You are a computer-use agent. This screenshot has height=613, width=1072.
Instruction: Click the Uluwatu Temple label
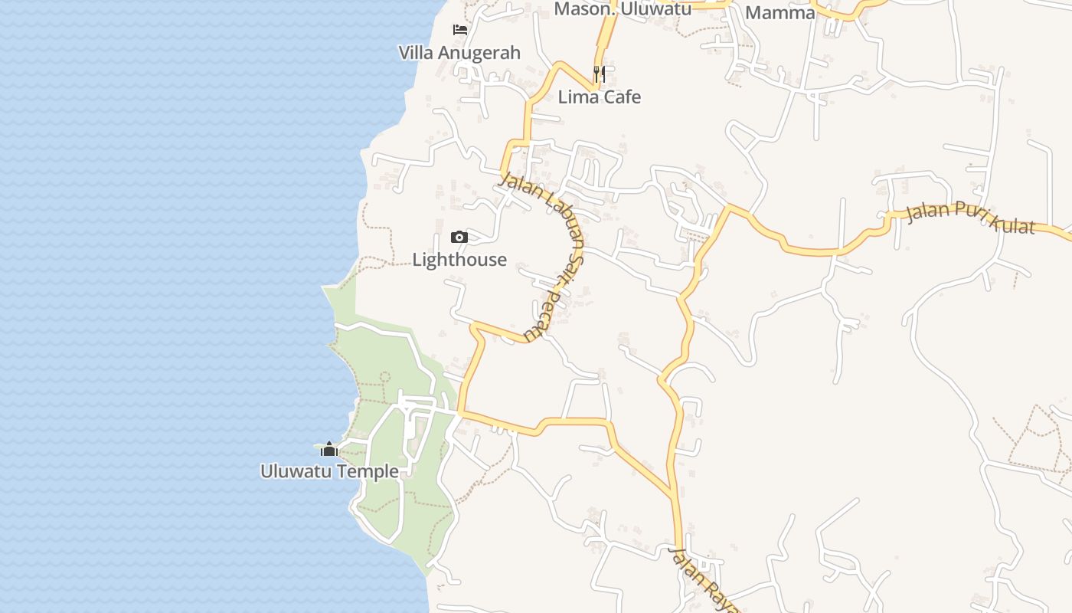(x=329, y=471)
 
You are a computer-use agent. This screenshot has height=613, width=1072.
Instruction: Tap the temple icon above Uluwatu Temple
(x=329, y=449)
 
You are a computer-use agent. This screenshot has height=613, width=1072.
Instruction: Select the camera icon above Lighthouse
(x=459, y=238)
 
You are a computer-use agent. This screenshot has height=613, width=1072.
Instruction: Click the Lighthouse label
(x=459, y=260)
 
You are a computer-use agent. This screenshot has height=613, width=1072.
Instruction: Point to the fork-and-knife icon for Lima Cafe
(x=600, y=74)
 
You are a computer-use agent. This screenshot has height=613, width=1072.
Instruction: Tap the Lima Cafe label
(x=600, y=97)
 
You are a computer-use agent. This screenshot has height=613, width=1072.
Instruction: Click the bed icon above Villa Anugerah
(x=459, y=30)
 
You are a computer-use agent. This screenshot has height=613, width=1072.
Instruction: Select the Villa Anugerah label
(x=459, y=53)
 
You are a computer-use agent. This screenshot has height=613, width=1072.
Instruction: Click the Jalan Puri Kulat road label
(x=970, y=218)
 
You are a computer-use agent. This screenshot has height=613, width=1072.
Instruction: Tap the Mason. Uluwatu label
(x=623, y=8)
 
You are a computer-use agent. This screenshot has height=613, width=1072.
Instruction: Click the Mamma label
(x=780, y=12)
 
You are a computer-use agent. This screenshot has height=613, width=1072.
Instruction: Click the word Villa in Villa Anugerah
(x=417, y=53)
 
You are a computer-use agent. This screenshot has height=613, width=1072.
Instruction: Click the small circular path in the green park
(x=384, y=377)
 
